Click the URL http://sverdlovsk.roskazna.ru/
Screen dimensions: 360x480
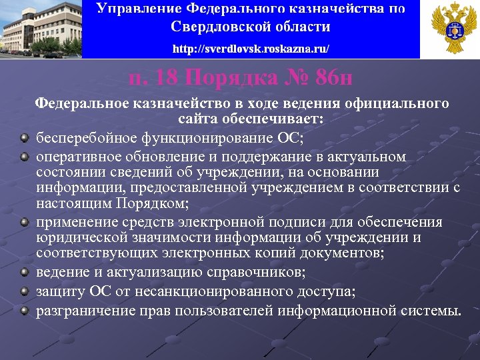pos(251,49)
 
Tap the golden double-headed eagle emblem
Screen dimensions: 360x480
pos(449,29)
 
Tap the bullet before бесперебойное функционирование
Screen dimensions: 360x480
pos(25,138)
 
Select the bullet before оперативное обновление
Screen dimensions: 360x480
pos(25,157)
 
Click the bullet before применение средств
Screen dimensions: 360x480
pos(25,221)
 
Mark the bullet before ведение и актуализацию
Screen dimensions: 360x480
pos(25,272)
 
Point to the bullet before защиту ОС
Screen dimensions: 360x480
pos(25,291)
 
